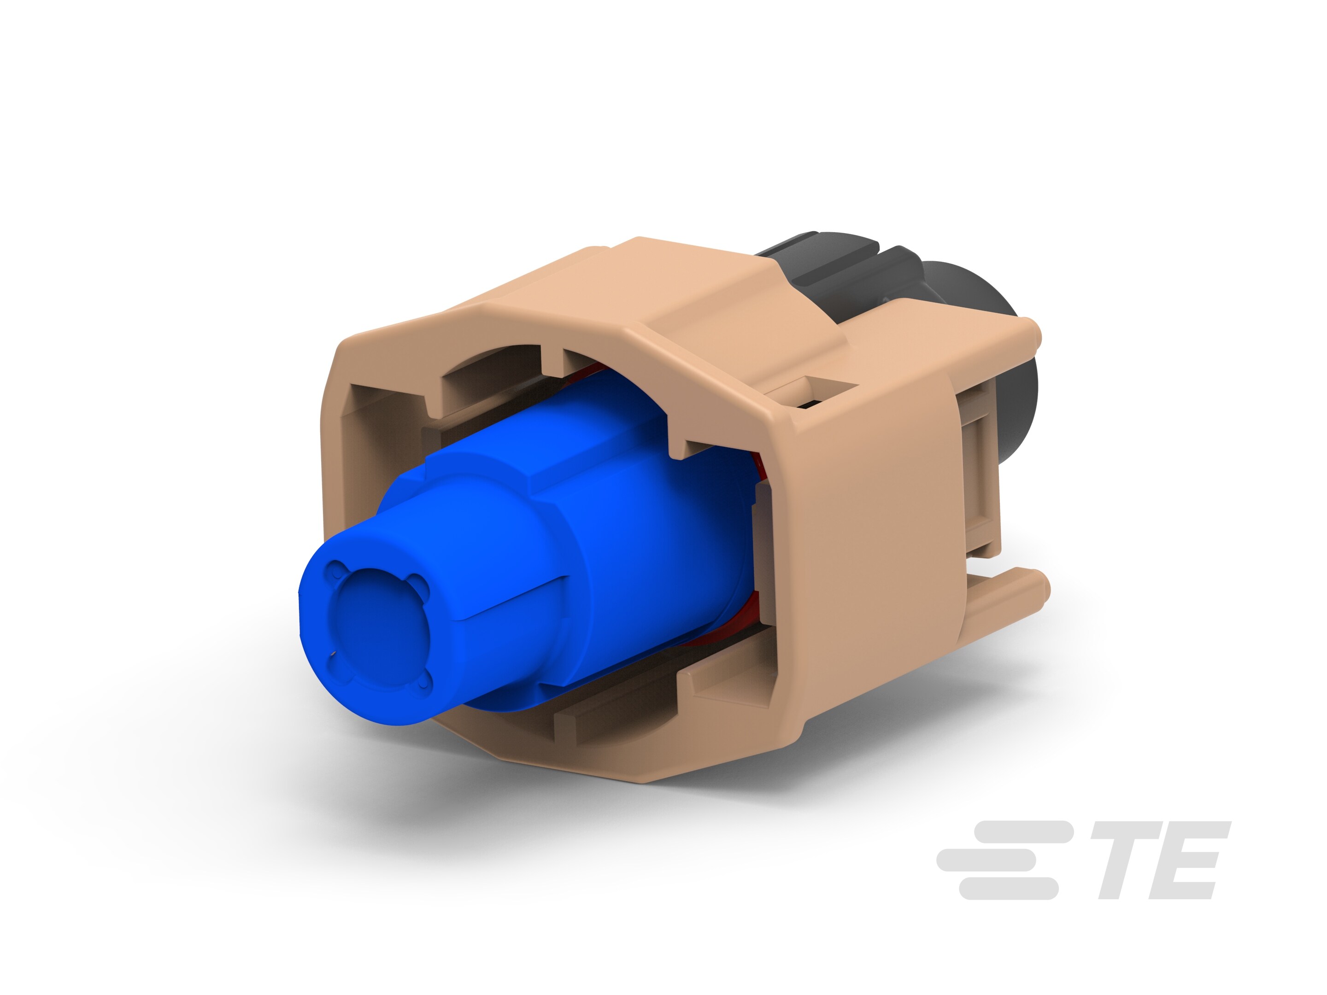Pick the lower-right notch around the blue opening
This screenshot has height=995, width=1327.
coord(423,682)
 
